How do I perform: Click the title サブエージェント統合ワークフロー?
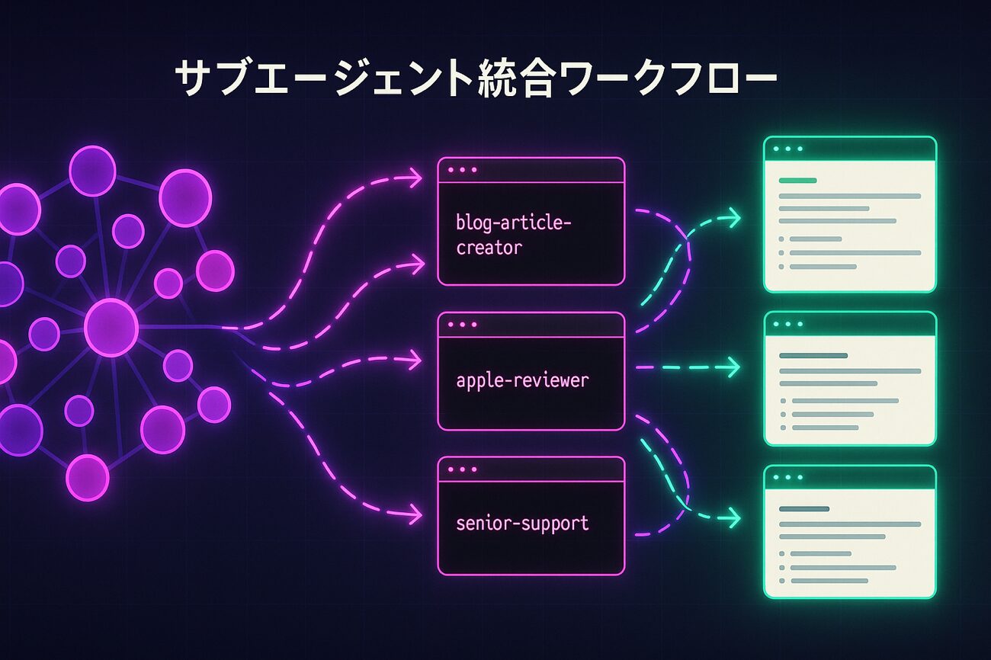coord(476,79)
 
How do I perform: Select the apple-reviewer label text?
coord(522,380)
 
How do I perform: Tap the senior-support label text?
coord(522,524)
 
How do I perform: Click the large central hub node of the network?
coord(111,327)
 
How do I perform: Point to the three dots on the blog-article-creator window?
coord(463,170)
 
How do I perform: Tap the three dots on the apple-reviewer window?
coord(463,325)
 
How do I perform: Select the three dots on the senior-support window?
coord(463,469)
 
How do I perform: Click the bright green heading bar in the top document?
coord(797,181)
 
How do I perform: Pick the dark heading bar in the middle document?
coord(813,356)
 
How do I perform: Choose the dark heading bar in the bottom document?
coord(803,508)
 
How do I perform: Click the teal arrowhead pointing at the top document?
coord(733,219)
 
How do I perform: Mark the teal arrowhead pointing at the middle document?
coord(733,368)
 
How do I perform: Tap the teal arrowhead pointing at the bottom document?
coord(733,519)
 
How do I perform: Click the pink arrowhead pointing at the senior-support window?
coord(415,515)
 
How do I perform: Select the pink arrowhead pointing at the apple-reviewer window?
coord(415,358)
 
